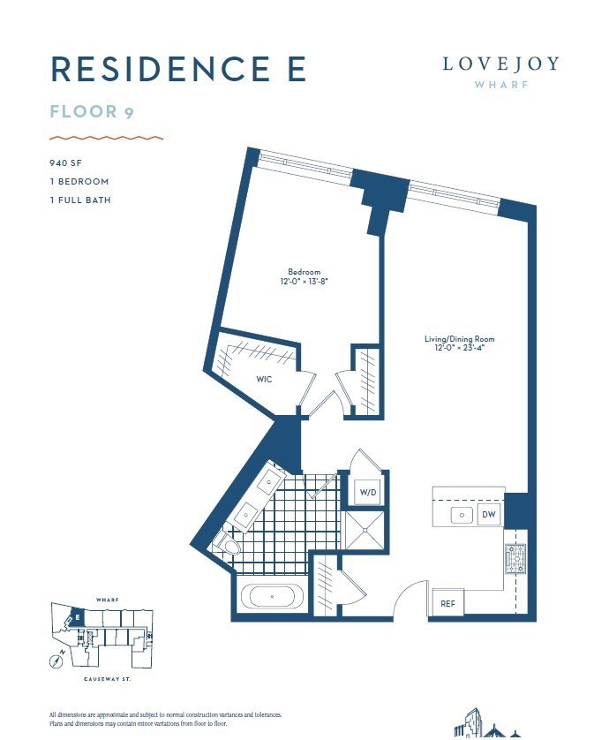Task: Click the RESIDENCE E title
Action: [x=179, y=68]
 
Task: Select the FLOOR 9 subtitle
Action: [x=91, y=111]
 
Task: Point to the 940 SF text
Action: [x=67, y=163]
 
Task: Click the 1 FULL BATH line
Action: [x=79, y=200]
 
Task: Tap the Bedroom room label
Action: [x=304, y=276]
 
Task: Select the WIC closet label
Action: [x=263, y=379]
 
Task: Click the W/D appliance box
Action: [x=366, y=492]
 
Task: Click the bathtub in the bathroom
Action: [x=272, y=597]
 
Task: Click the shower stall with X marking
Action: [x=365, y=530]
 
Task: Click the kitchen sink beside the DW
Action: [x=459, y=513]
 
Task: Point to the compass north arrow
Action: [x=56, y=658]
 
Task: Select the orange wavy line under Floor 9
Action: [x=106, y=138]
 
